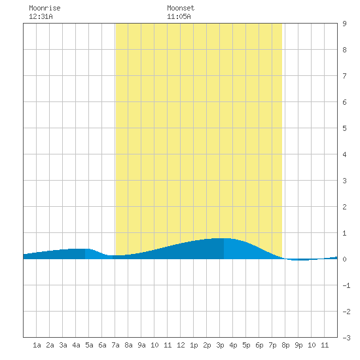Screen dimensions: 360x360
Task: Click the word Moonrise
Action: (x=45, y=8)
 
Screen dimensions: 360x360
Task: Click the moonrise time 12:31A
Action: (x=41, y=16)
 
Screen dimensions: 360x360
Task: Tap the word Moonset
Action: (x=181, y=8)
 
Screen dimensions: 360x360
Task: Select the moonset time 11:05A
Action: (x=179, y=16)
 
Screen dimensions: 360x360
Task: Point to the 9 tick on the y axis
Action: (x=344, y=24)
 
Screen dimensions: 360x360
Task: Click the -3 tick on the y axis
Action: (x=346, y=338)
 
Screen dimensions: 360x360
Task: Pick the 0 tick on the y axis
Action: (x=344, y=259)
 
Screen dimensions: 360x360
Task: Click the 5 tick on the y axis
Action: (x=344, y=128)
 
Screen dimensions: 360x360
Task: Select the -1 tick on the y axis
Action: (x=346, y=285)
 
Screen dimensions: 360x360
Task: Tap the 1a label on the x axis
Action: (x=37, y=345)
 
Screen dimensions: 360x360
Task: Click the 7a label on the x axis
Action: (x=115, y=345)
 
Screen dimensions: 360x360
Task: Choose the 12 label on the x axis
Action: (x=181, y=345)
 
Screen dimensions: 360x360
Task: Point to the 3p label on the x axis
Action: (x=220, y=345)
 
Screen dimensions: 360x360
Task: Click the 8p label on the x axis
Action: (x=285, y=345)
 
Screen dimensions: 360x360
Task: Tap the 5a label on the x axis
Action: (x=89, y=345)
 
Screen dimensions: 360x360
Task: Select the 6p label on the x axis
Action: (x=259, y=345)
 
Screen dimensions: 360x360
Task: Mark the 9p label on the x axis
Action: (x=298, y=345)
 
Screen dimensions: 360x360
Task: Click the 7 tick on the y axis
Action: (x=344, y=76)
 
